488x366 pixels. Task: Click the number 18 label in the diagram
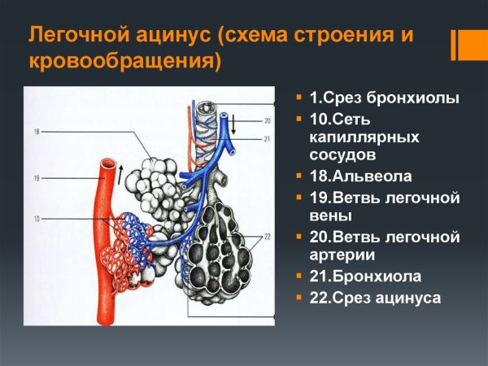[37, 131]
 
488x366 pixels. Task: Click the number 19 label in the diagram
[37, 177]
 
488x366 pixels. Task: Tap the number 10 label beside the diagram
[37, 219]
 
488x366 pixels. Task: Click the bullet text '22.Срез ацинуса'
[375, 298]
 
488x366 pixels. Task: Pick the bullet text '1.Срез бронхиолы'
[384, 98]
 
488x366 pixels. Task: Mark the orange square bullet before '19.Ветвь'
[301, 198]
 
